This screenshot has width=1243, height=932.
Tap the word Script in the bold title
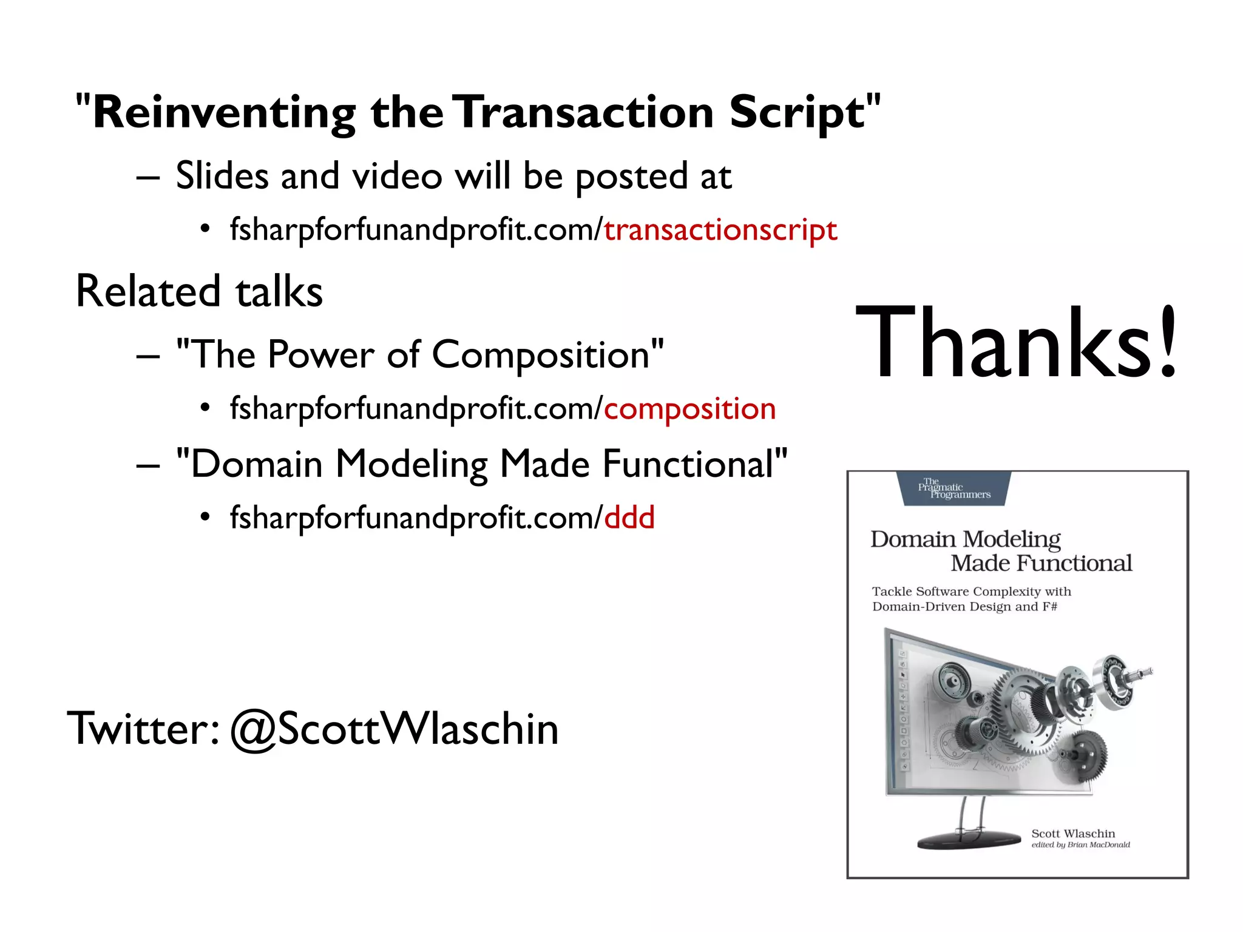(x=796, y=113)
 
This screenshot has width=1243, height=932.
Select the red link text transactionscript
(x=720, y=230)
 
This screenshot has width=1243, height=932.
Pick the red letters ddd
(x=629, y=518)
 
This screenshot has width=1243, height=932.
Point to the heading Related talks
(x=199, y=291)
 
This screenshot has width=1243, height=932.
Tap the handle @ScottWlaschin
(x=394, y=729)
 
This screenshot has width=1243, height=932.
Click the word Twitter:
(x=143, y=729)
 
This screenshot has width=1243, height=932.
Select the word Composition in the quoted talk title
(x=540, y=355)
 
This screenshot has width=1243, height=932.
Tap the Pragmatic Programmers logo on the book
(x=954, y=489)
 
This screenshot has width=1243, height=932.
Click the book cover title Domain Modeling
(x=965, y=539)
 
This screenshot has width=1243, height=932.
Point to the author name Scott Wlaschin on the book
(x=1072, y=834)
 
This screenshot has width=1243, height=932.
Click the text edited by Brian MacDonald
(x=1080, y=845)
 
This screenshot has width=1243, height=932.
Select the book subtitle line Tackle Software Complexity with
(x=971, y=592)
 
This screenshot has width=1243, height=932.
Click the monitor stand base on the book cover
(x=969, y=841)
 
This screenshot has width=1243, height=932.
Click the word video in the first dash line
(x=398, y=177)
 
